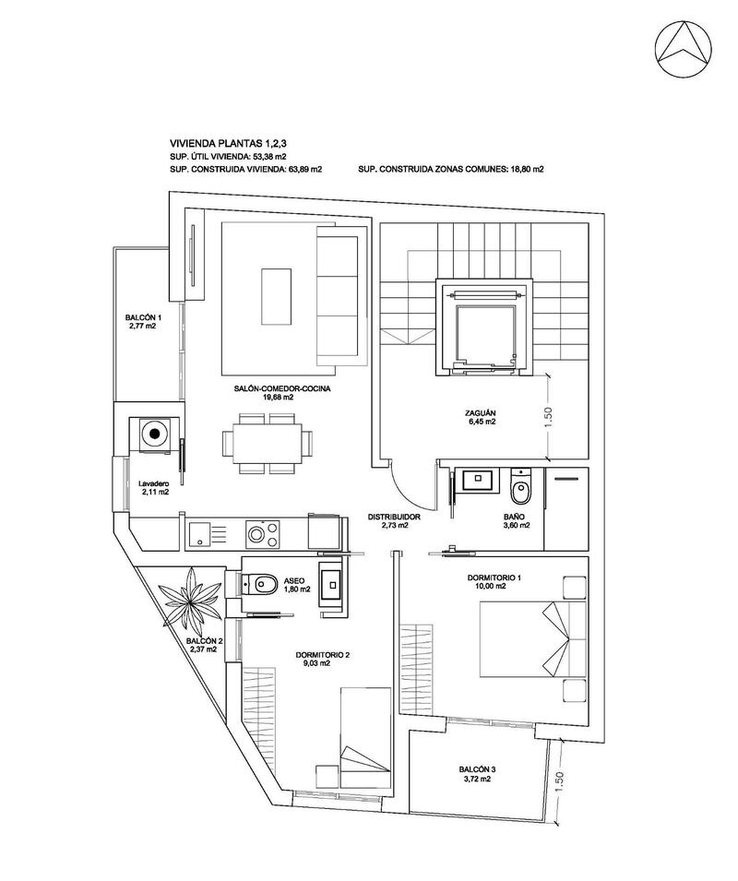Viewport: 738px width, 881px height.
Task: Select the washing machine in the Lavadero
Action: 154,433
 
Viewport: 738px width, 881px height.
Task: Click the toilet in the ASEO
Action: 262,583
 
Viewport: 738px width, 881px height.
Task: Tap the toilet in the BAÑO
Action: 521,482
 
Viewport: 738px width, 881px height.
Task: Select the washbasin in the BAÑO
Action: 479,479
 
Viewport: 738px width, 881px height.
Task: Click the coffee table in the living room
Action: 277,296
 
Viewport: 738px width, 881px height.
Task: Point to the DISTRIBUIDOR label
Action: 394,518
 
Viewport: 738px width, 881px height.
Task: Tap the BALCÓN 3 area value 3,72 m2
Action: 477,780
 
